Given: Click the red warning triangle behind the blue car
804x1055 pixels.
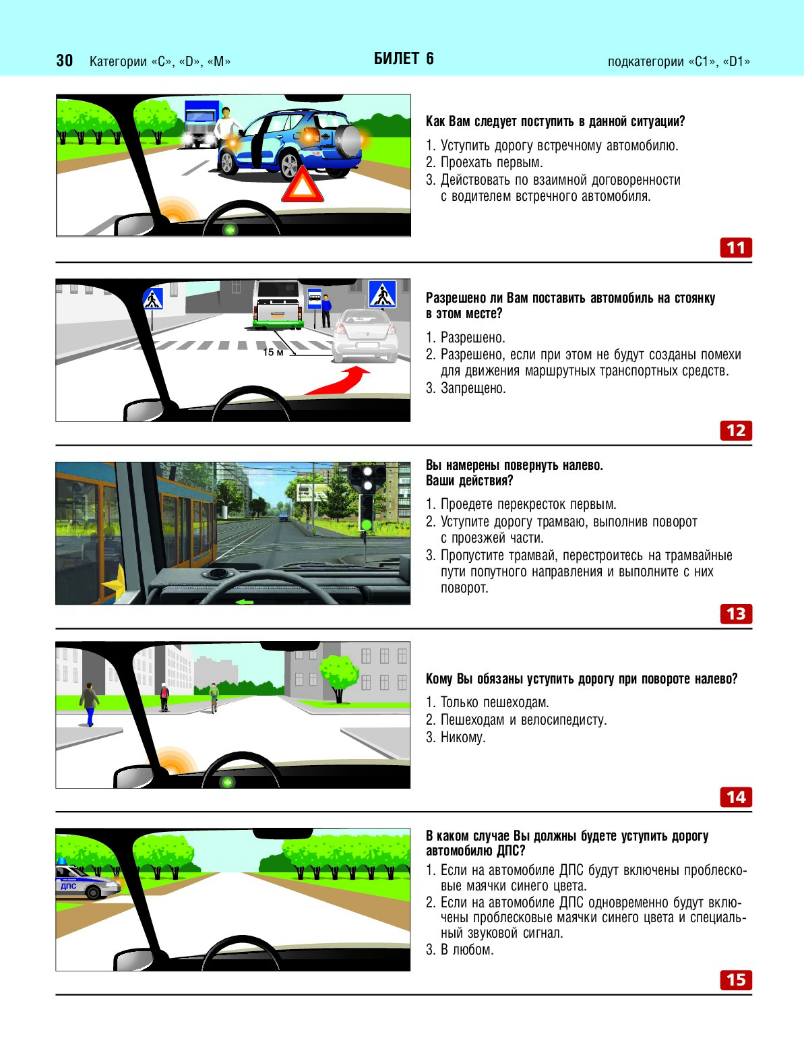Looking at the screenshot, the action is (x=302, y=184).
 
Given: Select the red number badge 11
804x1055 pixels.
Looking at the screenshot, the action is (x=736, y=248).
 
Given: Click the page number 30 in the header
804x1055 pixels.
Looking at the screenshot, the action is (x=64, y=61).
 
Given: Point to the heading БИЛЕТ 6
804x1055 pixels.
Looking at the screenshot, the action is (x=404, y=59).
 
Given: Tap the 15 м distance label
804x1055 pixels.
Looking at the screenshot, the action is (x=273, y=353).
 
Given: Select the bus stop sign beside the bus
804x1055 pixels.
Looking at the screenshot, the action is (x=314, y=299).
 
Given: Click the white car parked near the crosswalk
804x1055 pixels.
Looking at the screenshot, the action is (x=365, y=336).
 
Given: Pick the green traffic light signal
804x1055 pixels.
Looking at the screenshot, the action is (x=367, y=524).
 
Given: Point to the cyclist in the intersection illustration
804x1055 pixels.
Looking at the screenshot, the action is (x=214, y=698).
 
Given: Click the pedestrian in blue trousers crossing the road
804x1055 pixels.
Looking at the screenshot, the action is (x=89, y=704).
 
